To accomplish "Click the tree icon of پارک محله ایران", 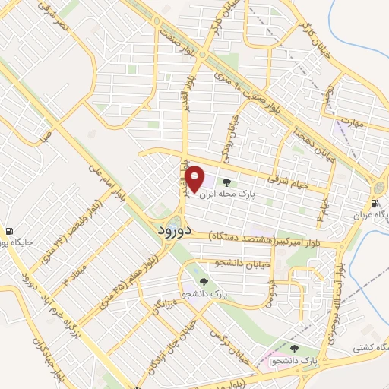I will coord(226,182).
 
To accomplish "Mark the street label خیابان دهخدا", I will coord(307,133).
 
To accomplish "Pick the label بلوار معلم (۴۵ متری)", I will coord(127,283).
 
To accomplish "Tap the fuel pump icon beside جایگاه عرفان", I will coord(375,203).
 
